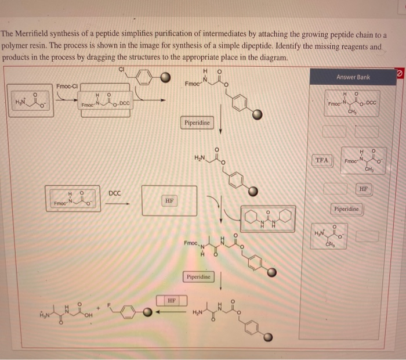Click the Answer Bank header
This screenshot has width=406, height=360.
pos(353,77)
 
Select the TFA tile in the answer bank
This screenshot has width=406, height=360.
pos(322,160)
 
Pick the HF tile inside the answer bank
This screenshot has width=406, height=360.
pos(363,189)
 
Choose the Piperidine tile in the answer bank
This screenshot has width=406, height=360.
pos(346,209)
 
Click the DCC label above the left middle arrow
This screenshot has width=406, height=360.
pos(115,193)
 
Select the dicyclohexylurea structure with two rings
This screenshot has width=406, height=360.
pos(268,218)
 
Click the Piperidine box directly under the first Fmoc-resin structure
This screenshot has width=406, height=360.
pos(198,123)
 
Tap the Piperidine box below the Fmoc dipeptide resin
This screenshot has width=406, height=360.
pos(199,276)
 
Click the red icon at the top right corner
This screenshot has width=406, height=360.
pos(399,74)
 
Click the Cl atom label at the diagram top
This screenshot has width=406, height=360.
pos(121,70)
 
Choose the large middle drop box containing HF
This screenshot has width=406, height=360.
pos(169,200)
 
